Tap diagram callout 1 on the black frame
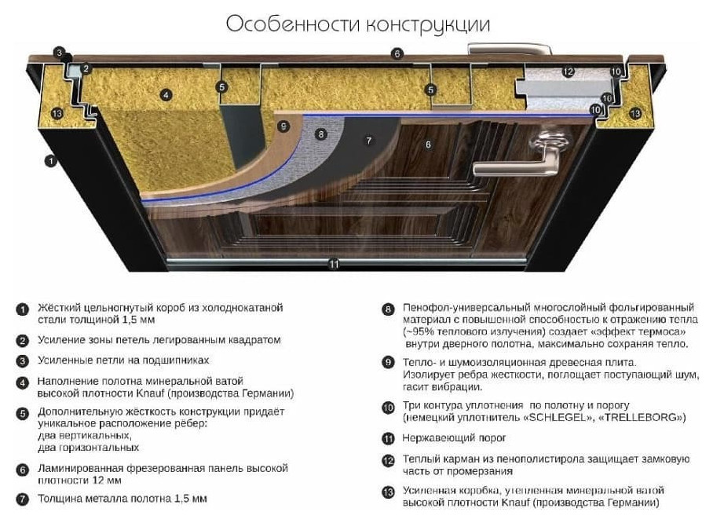coord(51,160)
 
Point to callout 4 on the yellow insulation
coord(166,94)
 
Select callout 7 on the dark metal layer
coord(369,141)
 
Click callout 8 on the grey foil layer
coord(321,133)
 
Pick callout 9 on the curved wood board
coord(283,126)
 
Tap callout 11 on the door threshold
coord(335,264)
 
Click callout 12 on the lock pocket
coord(568,71)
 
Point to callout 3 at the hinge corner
coord(59,53)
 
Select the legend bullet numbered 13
coord(388,492)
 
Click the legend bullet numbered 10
coord(388,407)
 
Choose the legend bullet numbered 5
coord(22,413)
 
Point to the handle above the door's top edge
coord(510,49)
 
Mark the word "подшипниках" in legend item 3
coord(176,360)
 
